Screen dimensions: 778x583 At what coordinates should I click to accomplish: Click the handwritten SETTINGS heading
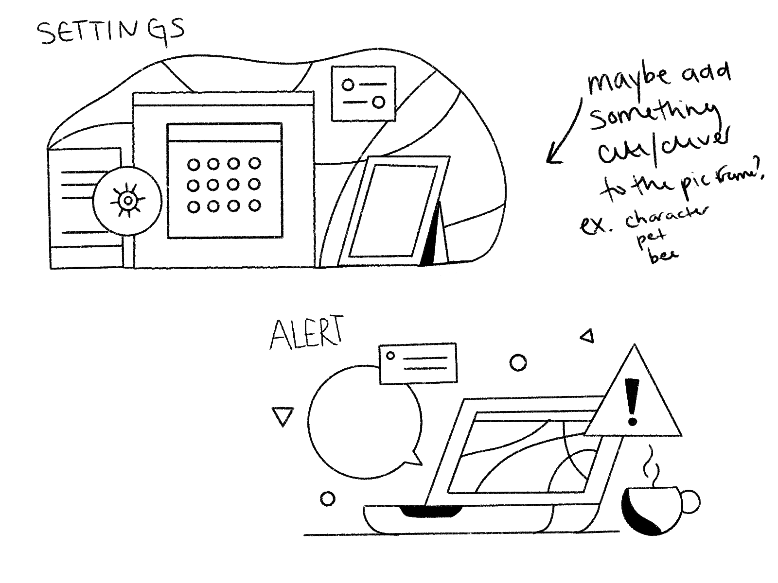click(111, 32)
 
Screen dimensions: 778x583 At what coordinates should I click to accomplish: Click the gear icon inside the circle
click(127, 200)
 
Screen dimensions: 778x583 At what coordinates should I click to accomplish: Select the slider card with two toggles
click(363, 93)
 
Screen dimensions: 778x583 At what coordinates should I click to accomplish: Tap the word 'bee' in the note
click(663, 255)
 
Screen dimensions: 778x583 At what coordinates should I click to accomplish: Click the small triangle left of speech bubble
click(283, 416)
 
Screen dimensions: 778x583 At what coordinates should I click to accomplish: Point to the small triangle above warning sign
click(587, 336)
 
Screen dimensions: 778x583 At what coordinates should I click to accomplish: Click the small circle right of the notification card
click(518, 362)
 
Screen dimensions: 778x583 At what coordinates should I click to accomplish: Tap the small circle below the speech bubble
click(327, 498)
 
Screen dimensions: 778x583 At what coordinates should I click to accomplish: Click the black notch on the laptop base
click(431, 511)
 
